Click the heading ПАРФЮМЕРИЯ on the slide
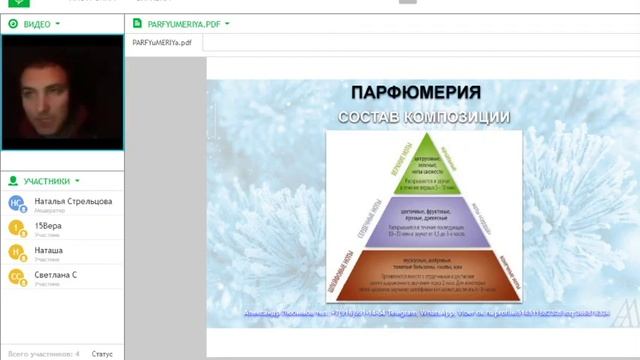tap(415, 93)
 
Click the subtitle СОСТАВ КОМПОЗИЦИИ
tap(424, 117)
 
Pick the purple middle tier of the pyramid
tap(422, 223)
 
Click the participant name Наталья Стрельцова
tap(73, 201)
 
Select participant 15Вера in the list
tap(48, 226)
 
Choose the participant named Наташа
tap(49, 250)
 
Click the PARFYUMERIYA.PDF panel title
tap(184, 22)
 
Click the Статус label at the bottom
tap(102, 353)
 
